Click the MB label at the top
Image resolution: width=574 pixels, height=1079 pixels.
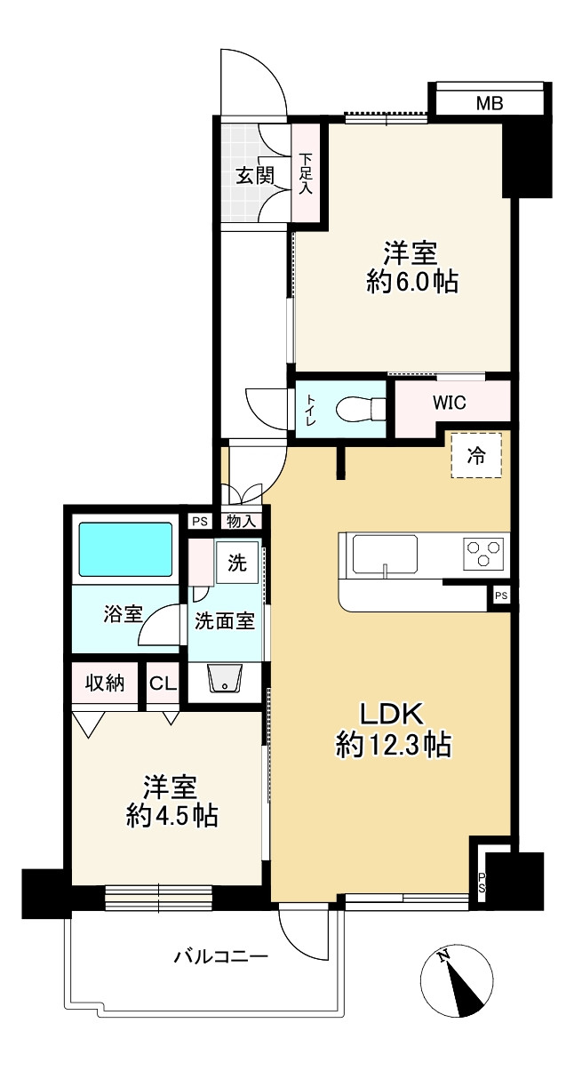click(x=490, y=103)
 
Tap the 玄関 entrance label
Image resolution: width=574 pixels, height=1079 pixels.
click(x=255, y=176)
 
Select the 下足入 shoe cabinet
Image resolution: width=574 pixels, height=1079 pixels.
click(x=307, y=173)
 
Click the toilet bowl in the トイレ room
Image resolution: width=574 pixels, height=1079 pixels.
click(x=361, y=409)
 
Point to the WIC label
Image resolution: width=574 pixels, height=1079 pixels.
click(x=450, y=403)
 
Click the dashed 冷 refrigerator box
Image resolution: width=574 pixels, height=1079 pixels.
click(x=476, y=455)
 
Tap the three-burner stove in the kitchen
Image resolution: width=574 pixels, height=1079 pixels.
click(x=483, y=554)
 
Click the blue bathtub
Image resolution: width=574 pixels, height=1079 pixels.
click(x=125, y=549)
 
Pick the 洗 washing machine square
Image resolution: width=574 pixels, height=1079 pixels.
click(x=237, y=563)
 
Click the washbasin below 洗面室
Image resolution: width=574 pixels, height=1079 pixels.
click(x=225, y=678)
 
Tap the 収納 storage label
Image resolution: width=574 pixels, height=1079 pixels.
click(x=105, y=683)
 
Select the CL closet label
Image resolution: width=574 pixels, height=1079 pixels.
click(x=163, y=683)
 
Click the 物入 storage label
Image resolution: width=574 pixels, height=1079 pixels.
click(x=242, y=521)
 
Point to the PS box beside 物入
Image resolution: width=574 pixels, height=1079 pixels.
click(x=200, y=521)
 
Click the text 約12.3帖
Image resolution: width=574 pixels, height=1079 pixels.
click(x=394, y=745)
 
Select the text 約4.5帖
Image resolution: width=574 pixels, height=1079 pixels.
click(x=171, y=815)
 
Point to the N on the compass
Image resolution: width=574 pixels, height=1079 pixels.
click(x=443, y=937)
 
